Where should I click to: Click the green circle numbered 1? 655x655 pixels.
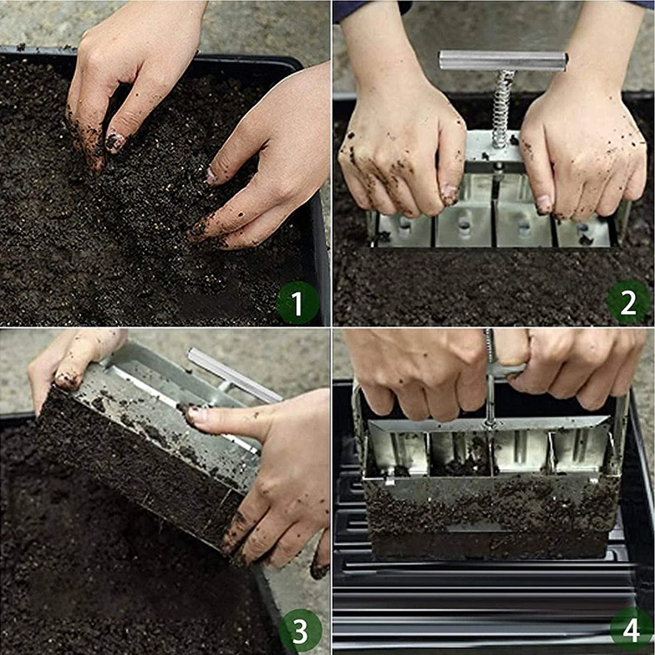[298, 303]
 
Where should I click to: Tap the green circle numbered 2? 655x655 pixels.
[629, 302]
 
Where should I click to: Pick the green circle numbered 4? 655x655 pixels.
[631, 630]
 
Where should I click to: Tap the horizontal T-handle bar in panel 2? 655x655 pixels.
[503, 60]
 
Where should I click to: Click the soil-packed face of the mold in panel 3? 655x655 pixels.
[140, 472]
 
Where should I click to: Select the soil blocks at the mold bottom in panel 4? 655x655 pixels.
[489, 515]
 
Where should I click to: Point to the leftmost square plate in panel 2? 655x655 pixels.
[403, 228]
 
